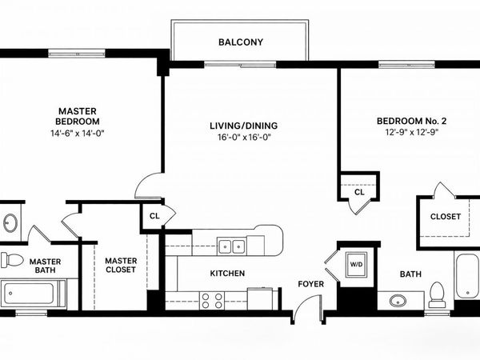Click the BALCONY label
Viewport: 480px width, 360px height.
point(241,42)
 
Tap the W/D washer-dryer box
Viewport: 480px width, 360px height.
point(356,264)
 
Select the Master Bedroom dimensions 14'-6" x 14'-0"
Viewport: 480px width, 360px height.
point(78,134)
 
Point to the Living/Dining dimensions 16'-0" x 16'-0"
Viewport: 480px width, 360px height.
point(244,137)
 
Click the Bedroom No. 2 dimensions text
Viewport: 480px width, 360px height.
point(412,132)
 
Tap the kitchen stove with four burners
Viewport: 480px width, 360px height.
point(212,301)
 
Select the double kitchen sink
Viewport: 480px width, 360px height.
point(231,246)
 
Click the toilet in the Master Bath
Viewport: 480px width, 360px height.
point(12,260)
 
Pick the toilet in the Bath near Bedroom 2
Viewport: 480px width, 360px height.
point(437,294)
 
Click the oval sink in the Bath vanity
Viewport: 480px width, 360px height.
point(398,301)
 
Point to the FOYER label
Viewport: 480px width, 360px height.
point(310,284)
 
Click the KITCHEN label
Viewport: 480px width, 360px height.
point(227,274)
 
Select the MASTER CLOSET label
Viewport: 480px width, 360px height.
point(121,265)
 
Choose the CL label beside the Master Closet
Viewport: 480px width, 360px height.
point(154,216)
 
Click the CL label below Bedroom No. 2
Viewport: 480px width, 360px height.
point(359,192)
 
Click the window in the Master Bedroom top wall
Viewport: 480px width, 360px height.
point(77,54)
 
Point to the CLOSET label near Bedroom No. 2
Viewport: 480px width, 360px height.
point(446,217)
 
